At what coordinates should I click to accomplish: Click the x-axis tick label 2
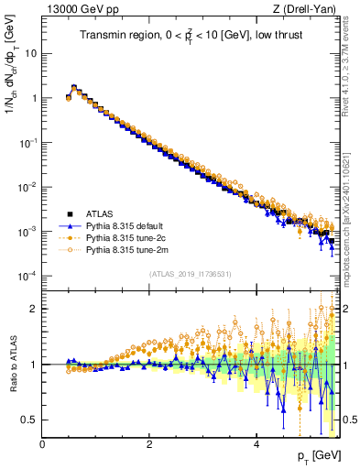149,445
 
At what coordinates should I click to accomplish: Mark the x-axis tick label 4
256,445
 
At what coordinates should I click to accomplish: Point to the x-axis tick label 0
42,445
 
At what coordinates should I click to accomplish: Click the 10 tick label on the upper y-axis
30,53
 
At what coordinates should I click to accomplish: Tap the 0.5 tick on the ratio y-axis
28,420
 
